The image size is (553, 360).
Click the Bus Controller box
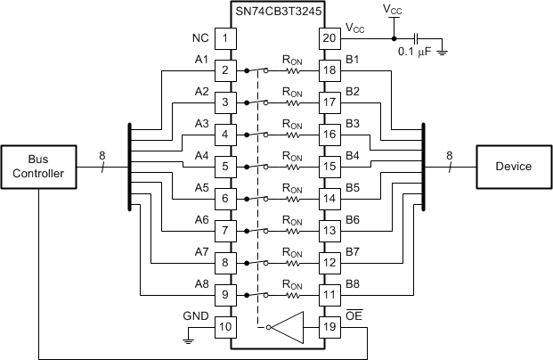pyautogui.click(x=37, y=167)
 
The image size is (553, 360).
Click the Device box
pyautogui.click(x=513, y=167)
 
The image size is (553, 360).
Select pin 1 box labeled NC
pyautogui.click(x=226, y=38)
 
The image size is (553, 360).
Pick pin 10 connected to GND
pyautogui.click(x=226, y=326)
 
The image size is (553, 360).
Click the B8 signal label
pyautogui.click(x=353, y=284)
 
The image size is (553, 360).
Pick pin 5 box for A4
pyautogui.click(x=226, y=166)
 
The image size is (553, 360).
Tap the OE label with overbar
pyautogui.click(x=353, y=315)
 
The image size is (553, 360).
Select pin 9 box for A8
pyautogui.click(x=226, y=294)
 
